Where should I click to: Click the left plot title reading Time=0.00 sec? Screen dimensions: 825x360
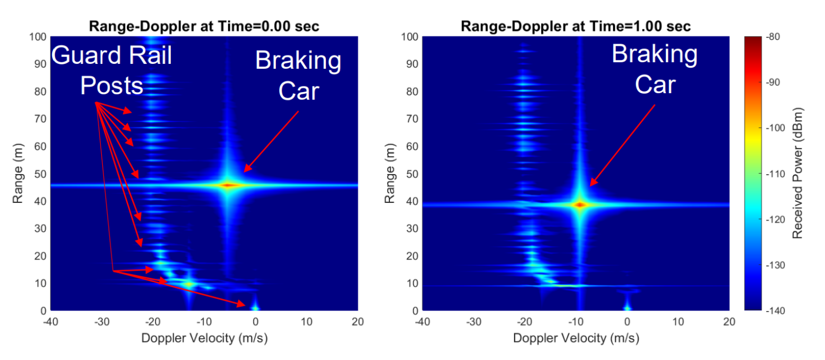(x=268, y=27)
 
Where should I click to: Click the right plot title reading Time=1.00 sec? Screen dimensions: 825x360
(x=640, y=27)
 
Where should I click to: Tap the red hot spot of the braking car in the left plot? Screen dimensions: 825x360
(x=228, y=185)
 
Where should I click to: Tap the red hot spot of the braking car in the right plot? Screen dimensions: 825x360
(x=580, y=204)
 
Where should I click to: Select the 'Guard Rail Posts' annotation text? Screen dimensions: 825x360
(x=112, y=70)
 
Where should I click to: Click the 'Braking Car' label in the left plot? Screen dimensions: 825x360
(x=298, y=76)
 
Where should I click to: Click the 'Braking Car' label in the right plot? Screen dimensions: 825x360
(x=655, y=69)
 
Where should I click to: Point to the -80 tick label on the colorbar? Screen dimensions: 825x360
(x=773, y=37)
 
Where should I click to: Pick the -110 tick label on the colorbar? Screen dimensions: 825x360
(x=775, y=174)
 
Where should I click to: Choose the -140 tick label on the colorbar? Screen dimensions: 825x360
(x=775, y=310)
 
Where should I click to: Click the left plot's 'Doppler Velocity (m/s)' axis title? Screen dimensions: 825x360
(x=205, y=338)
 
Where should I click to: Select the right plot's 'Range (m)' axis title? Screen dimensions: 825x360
(x=389, y=173)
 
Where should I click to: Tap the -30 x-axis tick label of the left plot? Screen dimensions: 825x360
(x=102, y=322)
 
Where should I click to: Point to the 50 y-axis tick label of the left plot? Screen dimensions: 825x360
(x=40, y=174)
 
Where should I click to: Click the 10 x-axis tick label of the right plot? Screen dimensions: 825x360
(x=678, y=322)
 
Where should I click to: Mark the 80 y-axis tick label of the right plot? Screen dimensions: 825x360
(x=412, y=91)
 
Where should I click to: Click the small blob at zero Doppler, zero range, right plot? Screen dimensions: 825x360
(x=627, y=306)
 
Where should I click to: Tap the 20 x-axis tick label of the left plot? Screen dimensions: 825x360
(x=357, y=322)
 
